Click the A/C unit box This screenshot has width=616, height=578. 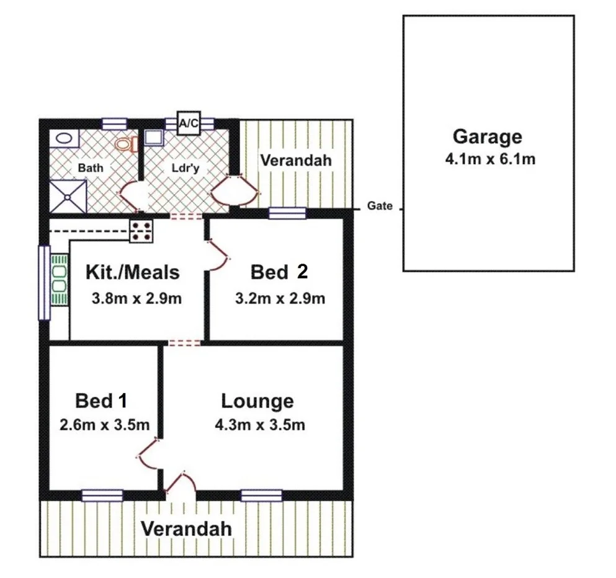pos(188,123)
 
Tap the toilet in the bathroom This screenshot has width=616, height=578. pos(126,144)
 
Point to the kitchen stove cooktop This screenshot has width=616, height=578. pos(141,231)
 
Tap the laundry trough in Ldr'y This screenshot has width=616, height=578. pos(153,139)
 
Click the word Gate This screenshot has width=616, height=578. pos(380,207)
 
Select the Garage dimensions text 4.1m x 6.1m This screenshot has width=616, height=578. pos(489,159)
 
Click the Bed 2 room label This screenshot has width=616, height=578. pos(279,272)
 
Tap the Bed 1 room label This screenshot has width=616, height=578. pos(101,401)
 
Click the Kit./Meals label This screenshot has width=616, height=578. pos(132,272)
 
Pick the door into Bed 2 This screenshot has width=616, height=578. pos(217,255)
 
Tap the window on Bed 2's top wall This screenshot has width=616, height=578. pos(287,213)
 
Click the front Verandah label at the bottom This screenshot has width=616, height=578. pos(185,529)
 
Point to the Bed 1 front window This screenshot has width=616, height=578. pos(102,495)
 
